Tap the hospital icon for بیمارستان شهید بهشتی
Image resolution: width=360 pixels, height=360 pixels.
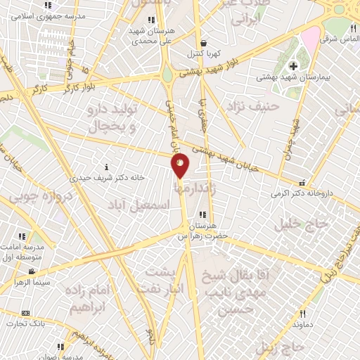click(293, 66)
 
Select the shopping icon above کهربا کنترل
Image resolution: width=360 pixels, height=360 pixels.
click(202, 43)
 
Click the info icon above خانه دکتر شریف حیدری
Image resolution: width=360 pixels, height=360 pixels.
click(106, 167)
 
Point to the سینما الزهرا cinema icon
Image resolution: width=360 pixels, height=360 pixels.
click(32, 271)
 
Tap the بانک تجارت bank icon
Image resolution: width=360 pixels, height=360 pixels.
click(26, 313)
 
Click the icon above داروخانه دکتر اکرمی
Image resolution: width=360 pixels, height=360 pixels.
click(302, 181)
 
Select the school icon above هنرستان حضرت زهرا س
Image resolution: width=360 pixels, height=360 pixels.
click(202, 214)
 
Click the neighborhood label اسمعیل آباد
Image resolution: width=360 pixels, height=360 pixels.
click(139, 204)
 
